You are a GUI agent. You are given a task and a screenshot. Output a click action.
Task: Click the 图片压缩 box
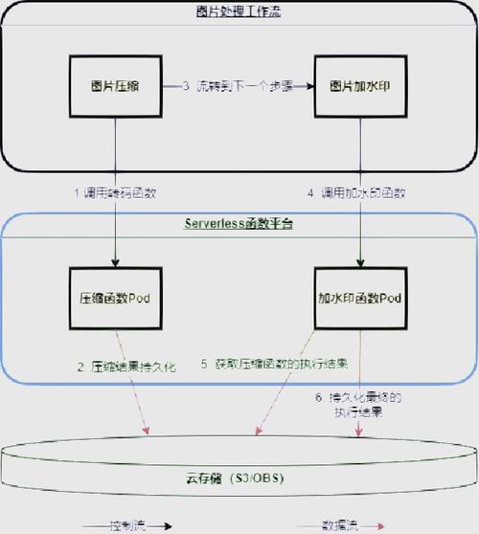(x=115, y=85)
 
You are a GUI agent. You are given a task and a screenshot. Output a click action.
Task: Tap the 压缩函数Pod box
(x=115, y=298)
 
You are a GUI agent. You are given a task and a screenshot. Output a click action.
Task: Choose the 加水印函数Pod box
(x=360, y=298)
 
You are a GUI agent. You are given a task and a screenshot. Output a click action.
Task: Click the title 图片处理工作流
(x=239, y=11)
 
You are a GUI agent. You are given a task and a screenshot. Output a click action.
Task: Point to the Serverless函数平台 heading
(x=239, y=224)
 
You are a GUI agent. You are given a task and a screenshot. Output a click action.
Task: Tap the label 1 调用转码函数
(x=115, y=192)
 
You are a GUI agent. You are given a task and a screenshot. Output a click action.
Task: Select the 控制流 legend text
(x=128, y=524)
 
